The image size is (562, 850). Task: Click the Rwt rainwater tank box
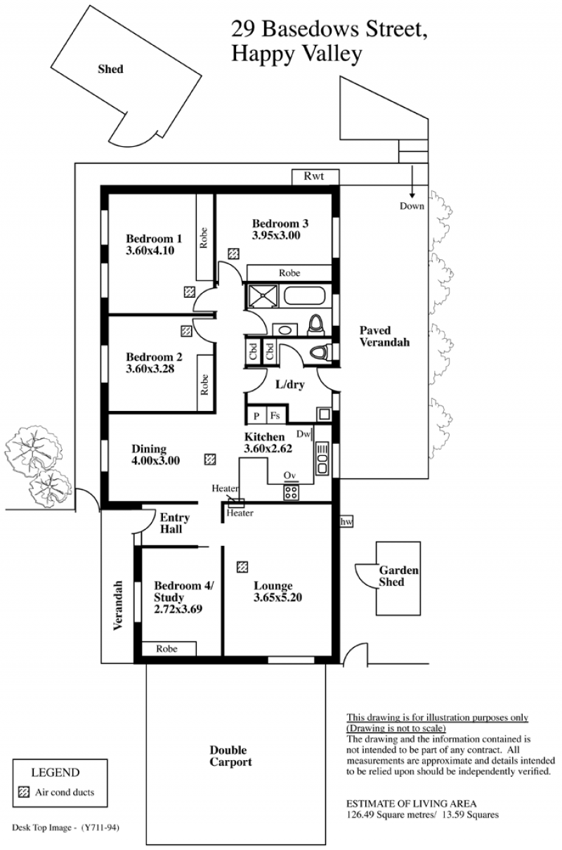pyautogui.click(x=315, y=177)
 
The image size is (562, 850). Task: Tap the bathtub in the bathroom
pyautogui.click(x=304, y=296)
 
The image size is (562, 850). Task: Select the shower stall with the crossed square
pyautogui.click(x=263, y=296)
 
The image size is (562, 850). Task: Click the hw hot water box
pyautogui.click(x=346, y=522)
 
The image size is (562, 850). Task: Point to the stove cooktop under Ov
pyautogui.click(x=291, y=492)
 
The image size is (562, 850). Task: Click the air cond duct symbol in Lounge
pyautogui.click(x=242, y=567)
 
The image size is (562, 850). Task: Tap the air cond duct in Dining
pyautogui.click(x=210, y=459)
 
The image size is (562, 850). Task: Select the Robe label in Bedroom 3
pyautogui.click(x=289, y=273)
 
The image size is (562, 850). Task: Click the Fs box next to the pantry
pyautogui.click(x=276, y=415)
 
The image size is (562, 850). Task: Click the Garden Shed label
pyautogui.click(x=398, y=576)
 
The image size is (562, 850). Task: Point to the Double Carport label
pyautogui.click(x=230, y=756)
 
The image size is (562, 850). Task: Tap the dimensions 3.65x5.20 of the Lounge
pyautogui.click(x=277, y=597)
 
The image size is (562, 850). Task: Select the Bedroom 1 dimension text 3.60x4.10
pyautogui.click(x=150, y=251)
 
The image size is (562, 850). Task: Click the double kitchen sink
pyautogui.click(x=322, y=457)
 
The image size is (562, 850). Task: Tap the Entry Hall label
pyautogui.click(x=174, y=523)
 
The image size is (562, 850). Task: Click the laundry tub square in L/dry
pyautogui.click(x=324, y=414)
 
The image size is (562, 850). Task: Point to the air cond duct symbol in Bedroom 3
pyautogui.click(x=233, y=254)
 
